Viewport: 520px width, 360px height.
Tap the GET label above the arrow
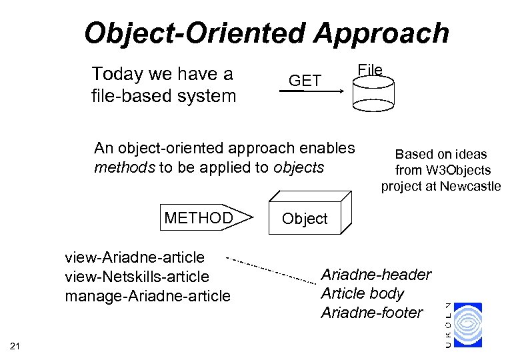305,81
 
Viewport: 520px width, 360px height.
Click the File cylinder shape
373,93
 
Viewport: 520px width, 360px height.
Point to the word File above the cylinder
370,69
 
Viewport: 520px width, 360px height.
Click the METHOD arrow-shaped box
207,218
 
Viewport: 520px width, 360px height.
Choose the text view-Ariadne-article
135,257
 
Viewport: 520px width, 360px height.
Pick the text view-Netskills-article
137,277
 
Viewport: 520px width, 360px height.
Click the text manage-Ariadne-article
147,295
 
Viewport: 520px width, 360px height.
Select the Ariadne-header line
376,275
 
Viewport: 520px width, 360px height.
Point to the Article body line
363,293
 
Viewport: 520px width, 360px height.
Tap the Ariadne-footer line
372,312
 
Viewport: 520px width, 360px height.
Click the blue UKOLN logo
467,325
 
